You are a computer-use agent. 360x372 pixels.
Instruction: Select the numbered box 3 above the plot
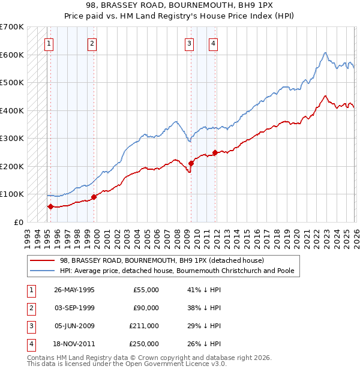coord(189,43)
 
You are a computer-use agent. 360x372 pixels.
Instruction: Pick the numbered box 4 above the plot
coord(213,43)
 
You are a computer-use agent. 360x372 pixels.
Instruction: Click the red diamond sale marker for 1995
coord(50,206)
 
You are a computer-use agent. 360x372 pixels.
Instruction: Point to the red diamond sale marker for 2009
coord(191,163)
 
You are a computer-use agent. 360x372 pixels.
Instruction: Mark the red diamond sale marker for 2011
coord(215,152)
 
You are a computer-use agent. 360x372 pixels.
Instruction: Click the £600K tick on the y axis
coord(12,55)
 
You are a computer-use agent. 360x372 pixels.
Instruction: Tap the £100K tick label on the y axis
coord(12,194)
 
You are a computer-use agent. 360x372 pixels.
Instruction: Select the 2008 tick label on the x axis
coord(176,234)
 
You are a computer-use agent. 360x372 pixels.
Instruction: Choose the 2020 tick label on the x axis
coord(296,234)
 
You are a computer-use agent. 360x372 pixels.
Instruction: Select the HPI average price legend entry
coord(177,271)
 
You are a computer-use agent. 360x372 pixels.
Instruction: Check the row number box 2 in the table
coord(30,308)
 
